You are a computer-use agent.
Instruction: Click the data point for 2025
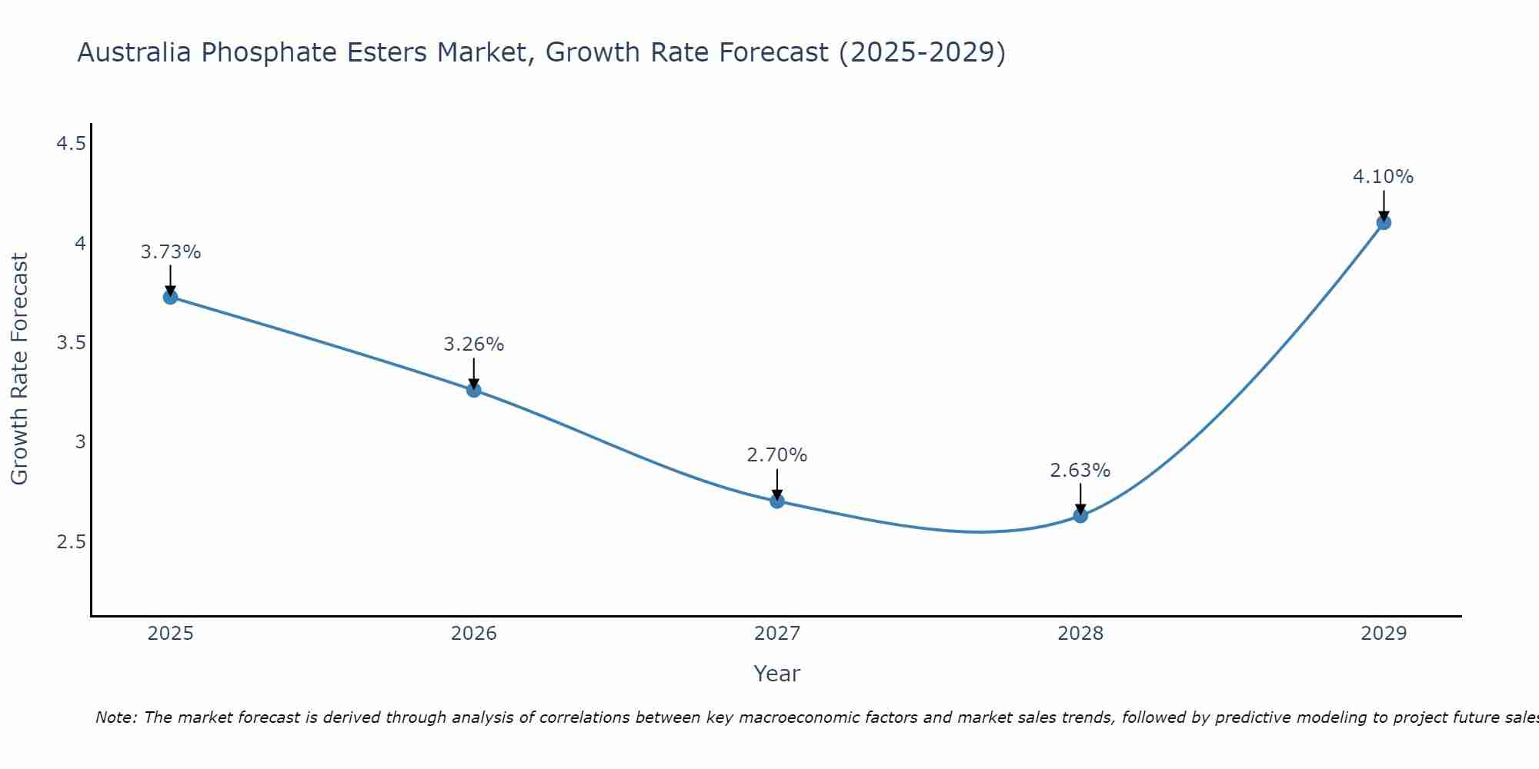click(x=170, y=297)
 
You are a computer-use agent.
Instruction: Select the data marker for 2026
click(x=474, y=390)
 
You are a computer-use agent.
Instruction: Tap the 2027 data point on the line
click(x=777, y=501)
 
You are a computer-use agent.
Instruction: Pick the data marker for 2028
click(x=1080, y=515)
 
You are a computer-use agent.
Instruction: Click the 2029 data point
click(x=1384, y=223)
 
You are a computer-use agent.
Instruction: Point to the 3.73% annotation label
click(x=171, y=252)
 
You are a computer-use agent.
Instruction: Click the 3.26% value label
click(x=474, y=345)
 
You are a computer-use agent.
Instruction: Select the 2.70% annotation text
click(x=777, y=455)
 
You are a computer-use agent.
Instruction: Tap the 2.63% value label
click(x=1080, y=471)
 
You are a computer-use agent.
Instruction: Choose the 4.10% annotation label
click(x=1384, y=177)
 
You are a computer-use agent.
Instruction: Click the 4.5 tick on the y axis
click(x=72, y=144)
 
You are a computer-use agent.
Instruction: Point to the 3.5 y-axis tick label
click(x=72, y=343)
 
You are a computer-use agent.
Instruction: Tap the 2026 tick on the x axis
click(x=474, y=634)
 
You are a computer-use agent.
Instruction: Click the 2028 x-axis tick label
click(x=1080, y=634)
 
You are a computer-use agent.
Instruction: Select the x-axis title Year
click(x=777, y=674)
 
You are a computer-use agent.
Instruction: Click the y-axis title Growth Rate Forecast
click(x=19, y=369)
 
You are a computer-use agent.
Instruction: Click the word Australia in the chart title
click(x=135, y=52)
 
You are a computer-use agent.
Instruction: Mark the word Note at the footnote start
click(x=115, y=717)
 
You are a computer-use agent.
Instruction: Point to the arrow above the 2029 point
click(x=1384, y=205)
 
